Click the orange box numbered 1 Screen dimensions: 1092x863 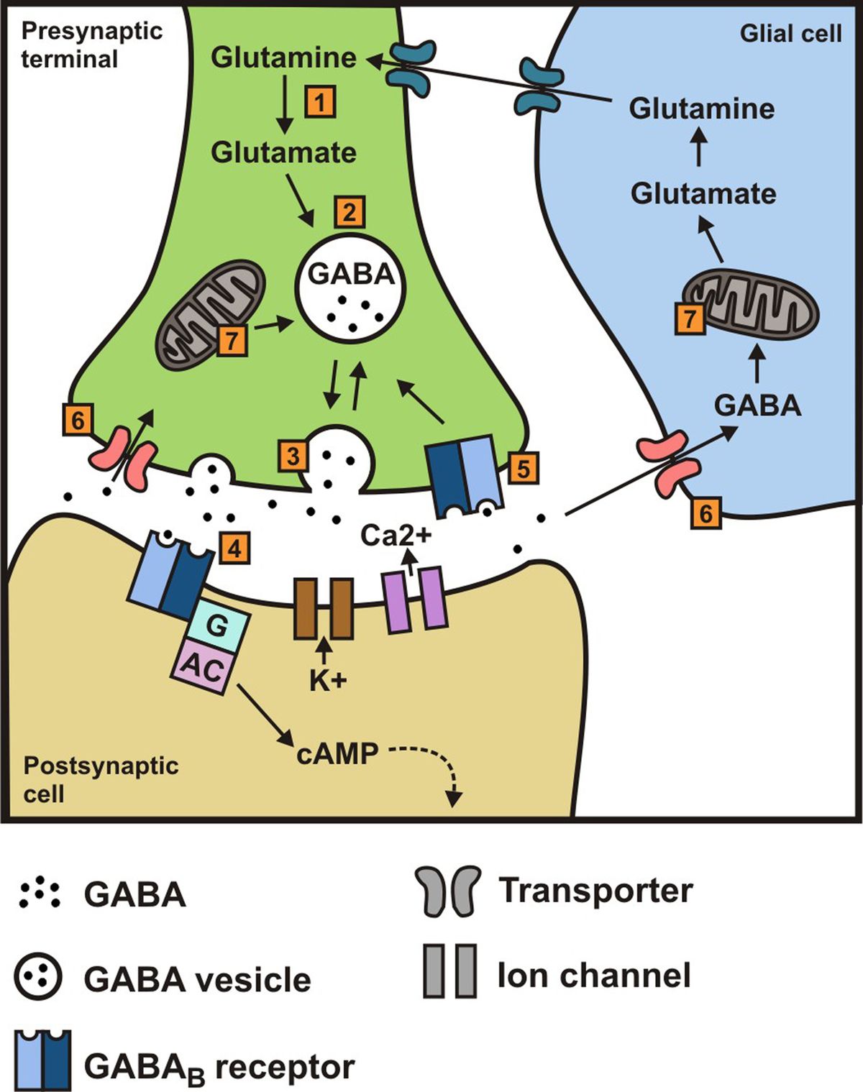tap(320, 101)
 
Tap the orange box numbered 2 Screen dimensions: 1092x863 tap(350, 212)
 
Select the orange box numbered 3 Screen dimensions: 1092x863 tap(293, 455)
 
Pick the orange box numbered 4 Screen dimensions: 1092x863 tap(234, 548)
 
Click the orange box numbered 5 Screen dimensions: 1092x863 tap(523, 468)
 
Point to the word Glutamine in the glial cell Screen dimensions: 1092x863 tap(701, 109)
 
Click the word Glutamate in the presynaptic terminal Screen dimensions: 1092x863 tap(283, 152)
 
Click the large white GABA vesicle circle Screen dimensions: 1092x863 tap(350, 291)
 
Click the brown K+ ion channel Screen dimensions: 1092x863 tap(323, 609)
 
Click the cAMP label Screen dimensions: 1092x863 tap(337, 753)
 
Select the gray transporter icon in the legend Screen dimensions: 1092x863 tap(447, 891)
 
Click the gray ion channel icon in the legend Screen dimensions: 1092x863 tap(449, 971)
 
